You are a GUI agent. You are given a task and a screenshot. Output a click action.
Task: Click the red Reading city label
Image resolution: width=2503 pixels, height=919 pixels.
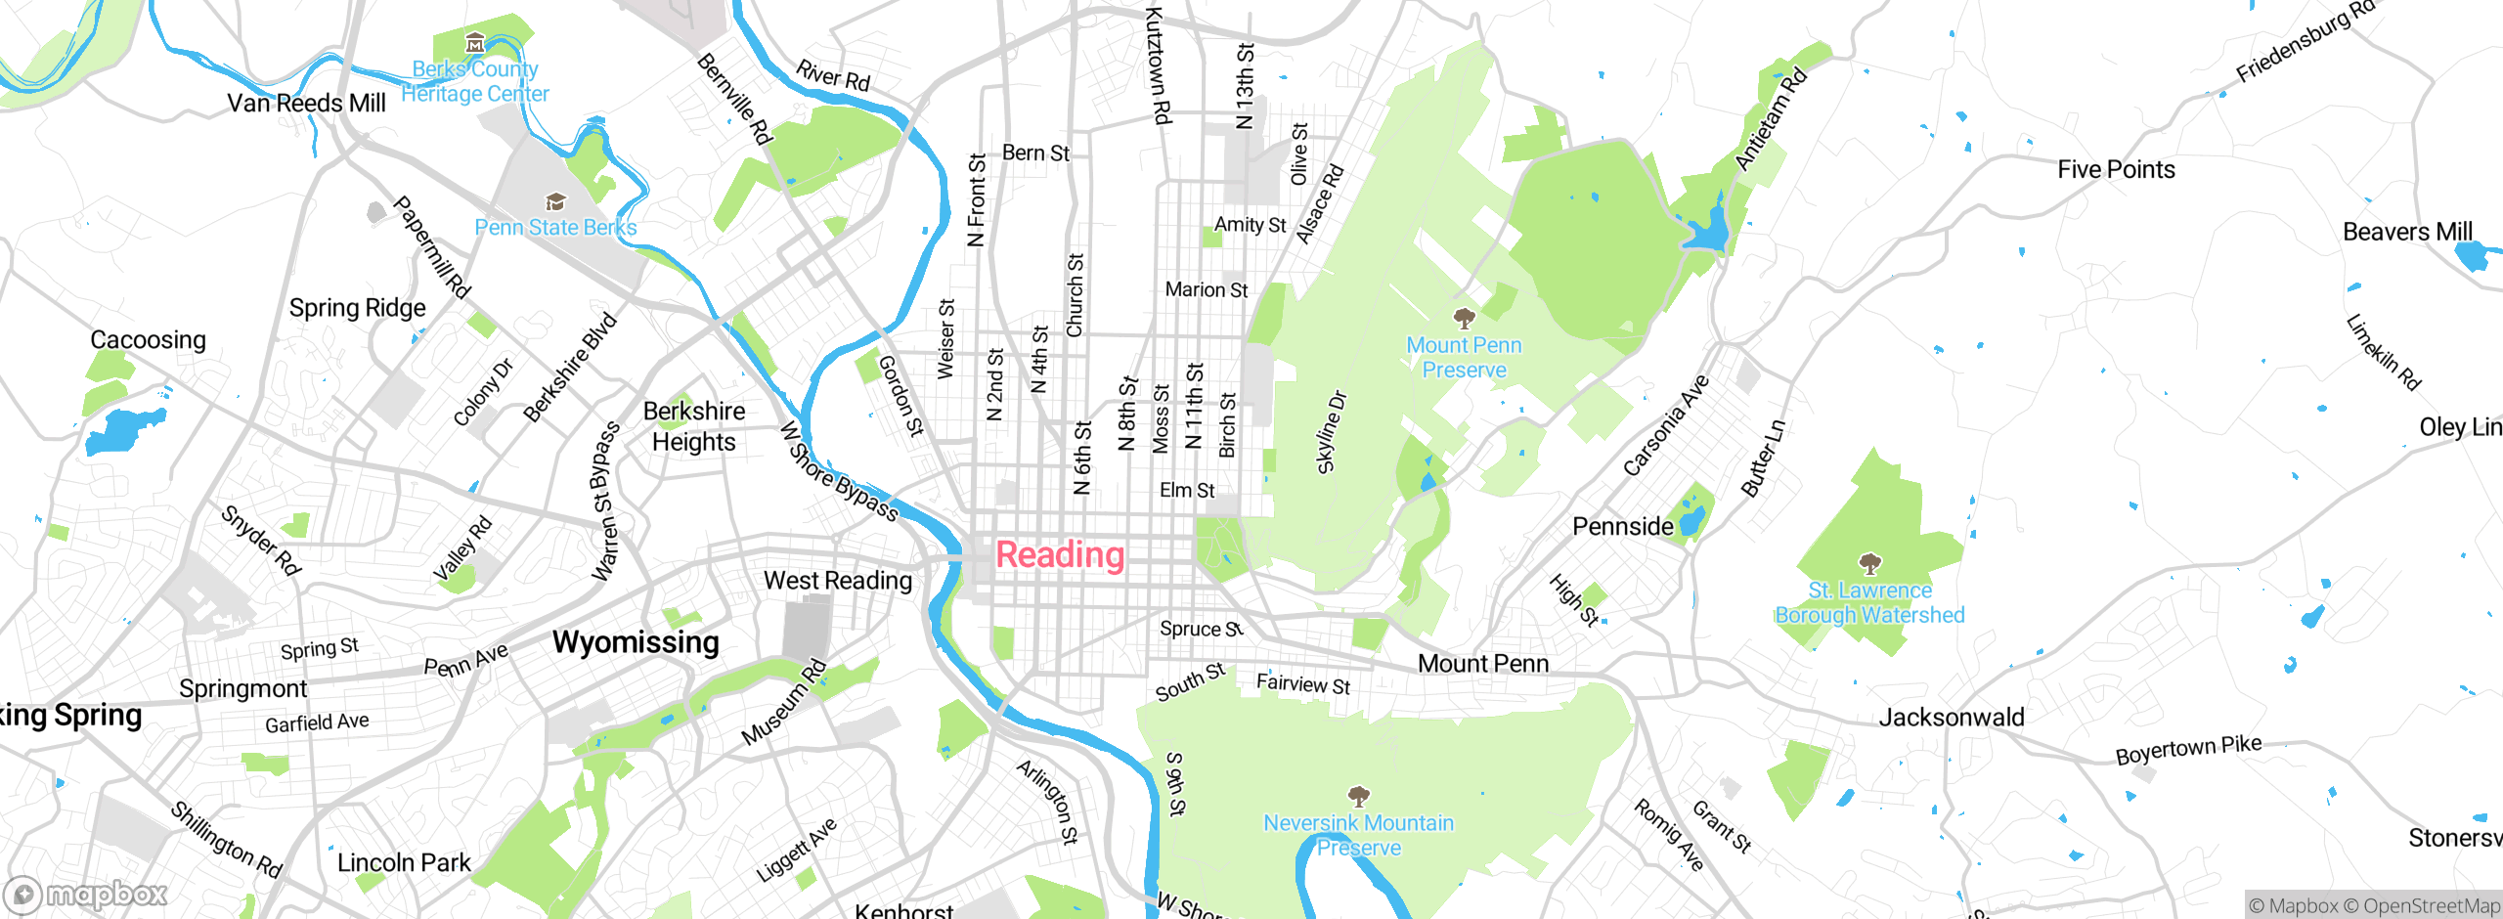pos(1060,555)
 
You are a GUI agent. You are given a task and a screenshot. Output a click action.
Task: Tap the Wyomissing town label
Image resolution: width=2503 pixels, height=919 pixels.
pos(636,642)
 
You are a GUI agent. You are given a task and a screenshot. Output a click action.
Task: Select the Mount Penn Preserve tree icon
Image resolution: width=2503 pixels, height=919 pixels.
pos(1464,318)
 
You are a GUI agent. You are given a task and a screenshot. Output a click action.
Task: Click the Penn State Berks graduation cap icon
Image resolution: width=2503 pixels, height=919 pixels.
pos(555,202)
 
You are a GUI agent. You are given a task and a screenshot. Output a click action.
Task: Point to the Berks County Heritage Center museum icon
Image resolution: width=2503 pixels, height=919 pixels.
pos(475,43)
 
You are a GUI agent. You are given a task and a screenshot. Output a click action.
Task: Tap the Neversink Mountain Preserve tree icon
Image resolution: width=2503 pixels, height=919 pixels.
pos(1358,796)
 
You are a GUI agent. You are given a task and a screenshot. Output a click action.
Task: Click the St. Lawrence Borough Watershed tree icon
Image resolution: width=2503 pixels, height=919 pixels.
pos(1869,564)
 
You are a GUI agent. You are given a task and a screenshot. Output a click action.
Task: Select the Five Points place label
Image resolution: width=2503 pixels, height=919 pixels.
pos(2116,170)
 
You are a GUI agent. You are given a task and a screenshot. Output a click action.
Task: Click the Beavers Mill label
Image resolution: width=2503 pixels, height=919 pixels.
pos(2407,233)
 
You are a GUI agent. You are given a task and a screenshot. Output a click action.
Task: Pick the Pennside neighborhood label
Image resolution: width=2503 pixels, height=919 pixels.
pos(1623,527)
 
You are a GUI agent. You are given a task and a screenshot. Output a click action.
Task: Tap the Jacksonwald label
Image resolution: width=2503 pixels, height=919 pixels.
pos(1951,718)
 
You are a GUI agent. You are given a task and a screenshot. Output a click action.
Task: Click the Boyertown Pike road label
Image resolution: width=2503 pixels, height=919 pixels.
pos(2188,750)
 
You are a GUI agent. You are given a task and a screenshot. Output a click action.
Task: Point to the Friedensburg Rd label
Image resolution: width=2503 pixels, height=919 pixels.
pos(2304,42)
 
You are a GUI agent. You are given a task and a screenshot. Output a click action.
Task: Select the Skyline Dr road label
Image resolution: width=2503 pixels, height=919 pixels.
pos(1332,432)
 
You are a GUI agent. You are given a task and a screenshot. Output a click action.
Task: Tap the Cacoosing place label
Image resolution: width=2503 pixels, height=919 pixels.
pos(149,340)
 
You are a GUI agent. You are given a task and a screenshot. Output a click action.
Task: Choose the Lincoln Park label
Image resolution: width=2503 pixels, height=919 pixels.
pos(404,863)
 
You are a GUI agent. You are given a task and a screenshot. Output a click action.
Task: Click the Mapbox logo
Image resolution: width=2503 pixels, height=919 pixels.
pos(86,895)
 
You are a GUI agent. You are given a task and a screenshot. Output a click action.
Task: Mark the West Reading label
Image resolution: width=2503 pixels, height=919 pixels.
pos(838,581)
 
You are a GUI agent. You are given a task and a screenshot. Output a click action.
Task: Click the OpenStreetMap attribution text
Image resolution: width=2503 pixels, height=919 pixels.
pos(2431,906)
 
